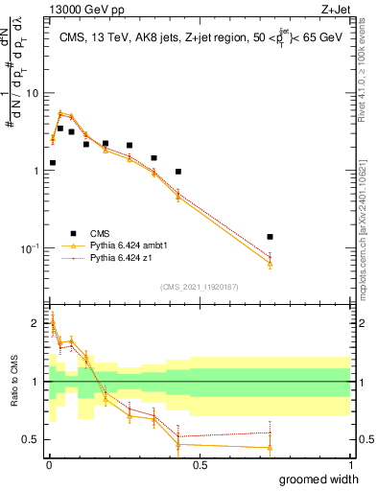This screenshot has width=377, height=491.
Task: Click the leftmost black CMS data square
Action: [52, 163]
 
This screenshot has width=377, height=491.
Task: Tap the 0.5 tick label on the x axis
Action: [199, 465]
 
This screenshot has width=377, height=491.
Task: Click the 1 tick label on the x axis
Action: [350, 465]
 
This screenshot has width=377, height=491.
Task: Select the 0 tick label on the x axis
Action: [48, 465]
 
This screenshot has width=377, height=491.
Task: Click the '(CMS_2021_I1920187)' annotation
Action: [198, 286]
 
